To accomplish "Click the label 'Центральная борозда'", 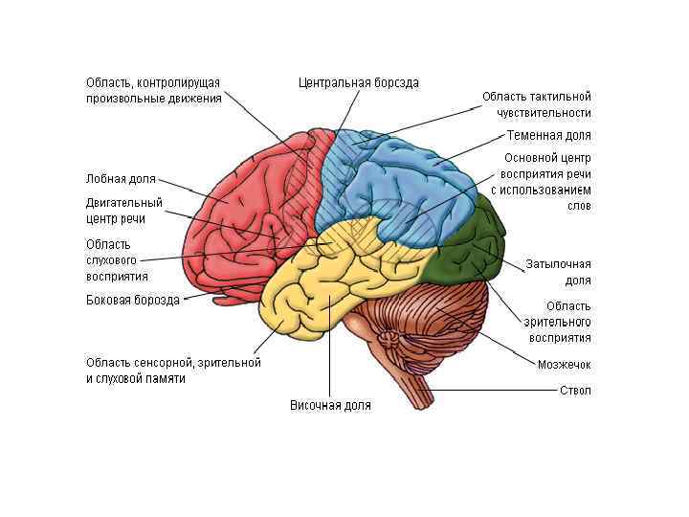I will coord(358,83).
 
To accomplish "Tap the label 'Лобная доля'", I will coord(121,178).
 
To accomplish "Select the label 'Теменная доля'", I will coord(548,136).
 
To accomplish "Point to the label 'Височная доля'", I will coord(330,405).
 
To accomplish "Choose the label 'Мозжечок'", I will coord(564,365).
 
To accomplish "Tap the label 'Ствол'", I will coord(575,391).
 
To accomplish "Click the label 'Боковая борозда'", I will coord(133,300).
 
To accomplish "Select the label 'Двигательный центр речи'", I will coord(124,211).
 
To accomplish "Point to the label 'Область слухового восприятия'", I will coord(118,259).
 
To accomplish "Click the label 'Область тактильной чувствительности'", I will coord(536,104).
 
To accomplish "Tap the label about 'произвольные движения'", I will coord(153,90).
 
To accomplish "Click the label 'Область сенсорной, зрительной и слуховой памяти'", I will coord(172,371).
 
